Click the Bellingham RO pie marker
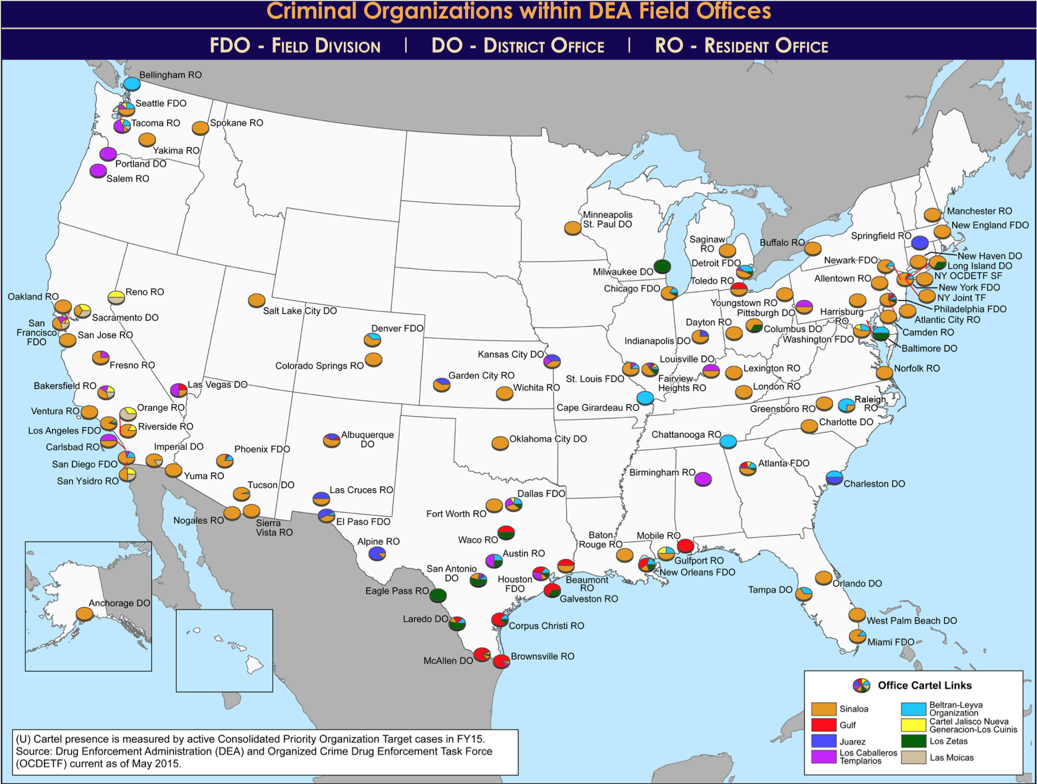coord(131,84)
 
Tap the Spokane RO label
coord(237,123)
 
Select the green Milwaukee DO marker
coord(662,267)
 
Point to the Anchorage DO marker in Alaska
coord(84,614)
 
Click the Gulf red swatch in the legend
coord(823,725)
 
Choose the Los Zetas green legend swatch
coord(913,741)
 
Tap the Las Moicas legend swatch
coord(913,758)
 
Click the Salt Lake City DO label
coord(299,311)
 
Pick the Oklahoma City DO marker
coord(500,443)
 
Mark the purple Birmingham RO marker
coord(703,479)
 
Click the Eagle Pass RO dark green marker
coord(437,595)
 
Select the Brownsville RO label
coord(543,656)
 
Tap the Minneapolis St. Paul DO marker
coord(573,228)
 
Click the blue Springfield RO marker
coord(920,243)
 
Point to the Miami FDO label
coord(891,642)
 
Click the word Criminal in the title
coord(312,11)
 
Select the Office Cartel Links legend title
coord(924,685)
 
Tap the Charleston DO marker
coord(834,477)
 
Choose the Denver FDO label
coord(397,328)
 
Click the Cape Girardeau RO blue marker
coord(646,398)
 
